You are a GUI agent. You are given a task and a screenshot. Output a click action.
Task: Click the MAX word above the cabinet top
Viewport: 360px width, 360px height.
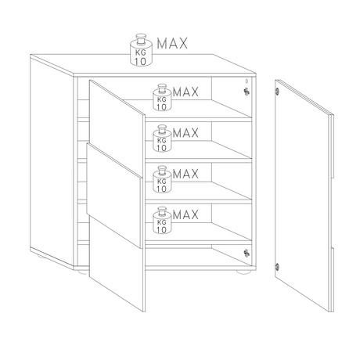[172, 43]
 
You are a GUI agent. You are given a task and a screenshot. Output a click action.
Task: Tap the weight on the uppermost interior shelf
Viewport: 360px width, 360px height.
[162, 97]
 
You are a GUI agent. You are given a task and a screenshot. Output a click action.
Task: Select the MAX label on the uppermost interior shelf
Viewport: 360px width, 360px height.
[185, 92]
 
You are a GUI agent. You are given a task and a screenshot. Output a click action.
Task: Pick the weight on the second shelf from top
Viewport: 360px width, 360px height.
[162, 139]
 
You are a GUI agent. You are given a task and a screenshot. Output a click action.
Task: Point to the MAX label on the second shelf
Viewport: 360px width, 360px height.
[185, 133]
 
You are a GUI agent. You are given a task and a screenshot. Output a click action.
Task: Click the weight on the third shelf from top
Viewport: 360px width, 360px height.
[162, 179]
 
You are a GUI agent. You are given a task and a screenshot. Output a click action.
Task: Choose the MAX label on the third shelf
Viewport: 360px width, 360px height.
[185, 174]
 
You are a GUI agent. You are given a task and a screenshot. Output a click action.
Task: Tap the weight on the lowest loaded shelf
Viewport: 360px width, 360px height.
[162, 220]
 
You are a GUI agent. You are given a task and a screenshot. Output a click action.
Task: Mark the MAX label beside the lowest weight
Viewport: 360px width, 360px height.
[185, 214]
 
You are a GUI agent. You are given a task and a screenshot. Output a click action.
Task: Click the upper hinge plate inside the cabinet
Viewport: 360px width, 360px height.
[247, 92]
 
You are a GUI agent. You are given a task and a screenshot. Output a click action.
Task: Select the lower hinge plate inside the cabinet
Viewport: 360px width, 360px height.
[247, 253]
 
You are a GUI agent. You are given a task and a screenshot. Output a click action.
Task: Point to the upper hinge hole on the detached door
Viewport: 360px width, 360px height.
[277, 92]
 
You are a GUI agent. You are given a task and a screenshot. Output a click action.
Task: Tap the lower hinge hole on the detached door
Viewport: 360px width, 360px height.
[277, 267]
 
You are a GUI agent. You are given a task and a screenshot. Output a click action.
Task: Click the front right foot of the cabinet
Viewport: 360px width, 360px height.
[243, 272]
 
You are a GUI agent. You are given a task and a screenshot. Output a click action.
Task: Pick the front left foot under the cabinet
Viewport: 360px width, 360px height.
[83, 272]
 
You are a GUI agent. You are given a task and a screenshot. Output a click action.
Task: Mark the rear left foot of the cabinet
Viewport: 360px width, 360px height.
[41, 256]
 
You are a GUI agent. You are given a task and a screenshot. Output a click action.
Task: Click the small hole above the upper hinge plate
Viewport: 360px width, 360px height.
[247, 81]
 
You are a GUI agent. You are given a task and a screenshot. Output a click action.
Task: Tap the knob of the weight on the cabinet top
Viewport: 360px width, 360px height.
[141, 38]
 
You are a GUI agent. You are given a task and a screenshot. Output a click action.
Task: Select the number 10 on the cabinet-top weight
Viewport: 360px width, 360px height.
[140, 62]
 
